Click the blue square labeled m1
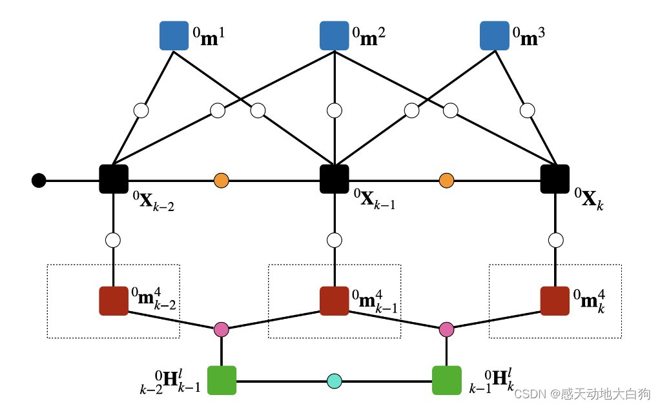[x=173, y=36]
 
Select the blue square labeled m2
[x=334, y=36]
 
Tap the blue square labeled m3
[x=494, y=36]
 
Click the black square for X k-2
[x=114, y=179]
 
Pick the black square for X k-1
[x=335, y=179]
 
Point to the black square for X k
[x=555, y=179]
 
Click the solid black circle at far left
[x=39, y=180]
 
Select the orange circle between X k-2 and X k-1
[x=222, y=180]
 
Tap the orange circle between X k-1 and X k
[x=446, y=180]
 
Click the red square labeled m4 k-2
[x=114, y=300]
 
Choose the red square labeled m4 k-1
[x=335, y=300]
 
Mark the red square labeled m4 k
[x=555, y=300]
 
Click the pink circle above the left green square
[x=222, y=329]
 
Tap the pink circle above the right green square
[x=446, y=329]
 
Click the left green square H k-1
[x=222, y=380]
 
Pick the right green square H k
[x=446, y=380]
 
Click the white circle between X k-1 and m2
[x=334, y=110]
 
